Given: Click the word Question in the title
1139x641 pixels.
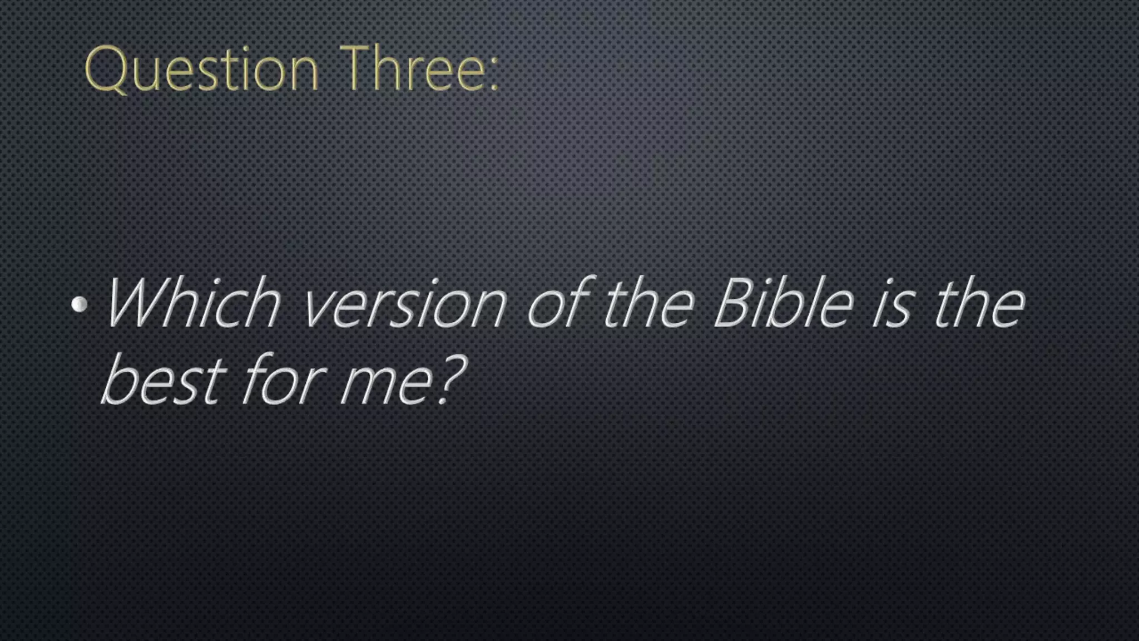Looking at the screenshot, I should point(201,70).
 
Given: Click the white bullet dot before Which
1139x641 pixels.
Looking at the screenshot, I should point(80,304).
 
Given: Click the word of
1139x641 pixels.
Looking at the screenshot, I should point(559,303).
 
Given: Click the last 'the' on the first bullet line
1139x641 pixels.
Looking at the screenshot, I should point(979,303).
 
